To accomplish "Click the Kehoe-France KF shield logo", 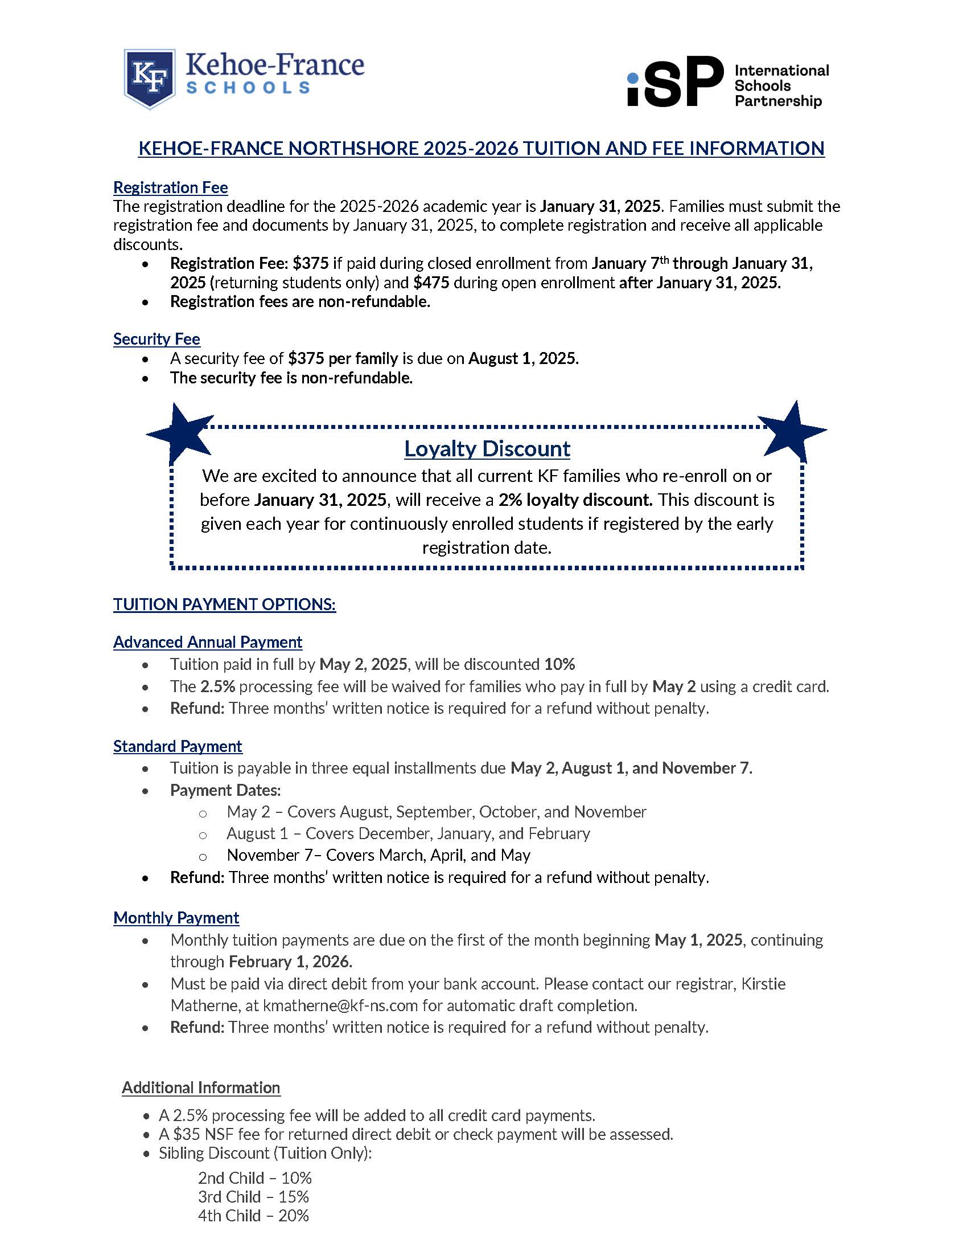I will click(x=150, y=78).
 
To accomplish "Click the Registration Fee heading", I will click(x=170, y=187).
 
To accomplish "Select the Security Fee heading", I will click(x=157, y=338).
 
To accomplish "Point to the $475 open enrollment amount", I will click(x=431, y=283).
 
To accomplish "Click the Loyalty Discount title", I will click(x=487, y=449).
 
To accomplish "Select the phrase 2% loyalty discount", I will click(x=575, y=500).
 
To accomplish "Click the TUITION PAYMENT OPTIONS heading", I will click(x=224, y=604).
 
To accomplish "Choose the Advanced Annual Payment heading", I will click(x=208, y=642).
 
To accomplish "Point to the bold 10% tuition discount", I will click(x=559, y=664).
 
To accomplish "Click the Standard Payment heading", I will click(x=178, y=746).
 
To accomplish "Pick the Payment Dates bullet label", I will click(x=225, y=790).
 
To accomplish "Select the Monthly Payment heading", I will click(x=176, y=918).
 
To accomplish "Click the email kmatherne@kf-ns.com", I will click(x=340, y=1005).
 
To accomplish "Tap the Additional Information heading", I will click(x=201, y=1087).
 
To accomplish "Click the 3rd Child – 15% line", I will click(x=253, y=1197).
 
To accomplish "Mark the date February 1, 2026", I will click(x=290, y=962).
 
